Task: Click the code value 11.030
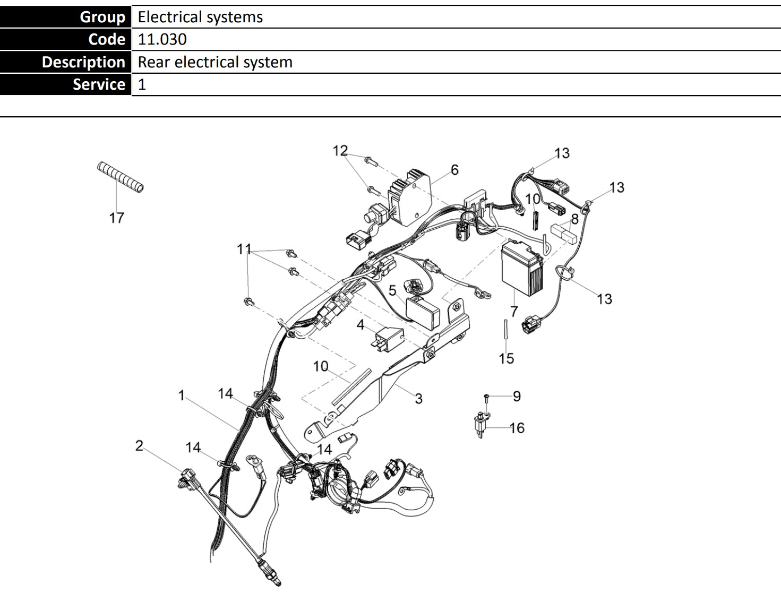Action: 162,39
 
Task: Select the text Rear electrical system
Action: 215,62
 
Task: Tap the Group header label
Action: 102,17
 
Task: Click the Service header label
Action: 99,84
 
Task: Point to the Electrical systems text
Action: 200,17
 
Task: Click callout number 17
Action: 116,218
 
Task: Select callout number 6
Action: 454,170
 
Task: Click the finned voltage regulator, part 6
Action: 409,196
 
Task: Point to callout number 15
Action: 506,358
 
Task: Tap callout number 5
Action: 392,290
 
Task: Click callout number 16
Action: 517,428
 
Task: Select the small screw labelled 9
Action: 486,397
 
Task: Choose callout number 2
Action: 139,445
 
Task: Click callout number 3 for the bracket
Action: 418,398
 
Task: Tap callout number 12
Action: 340,151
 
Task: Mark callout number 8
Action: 574,219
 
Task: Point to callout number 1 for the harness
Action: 182,395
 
